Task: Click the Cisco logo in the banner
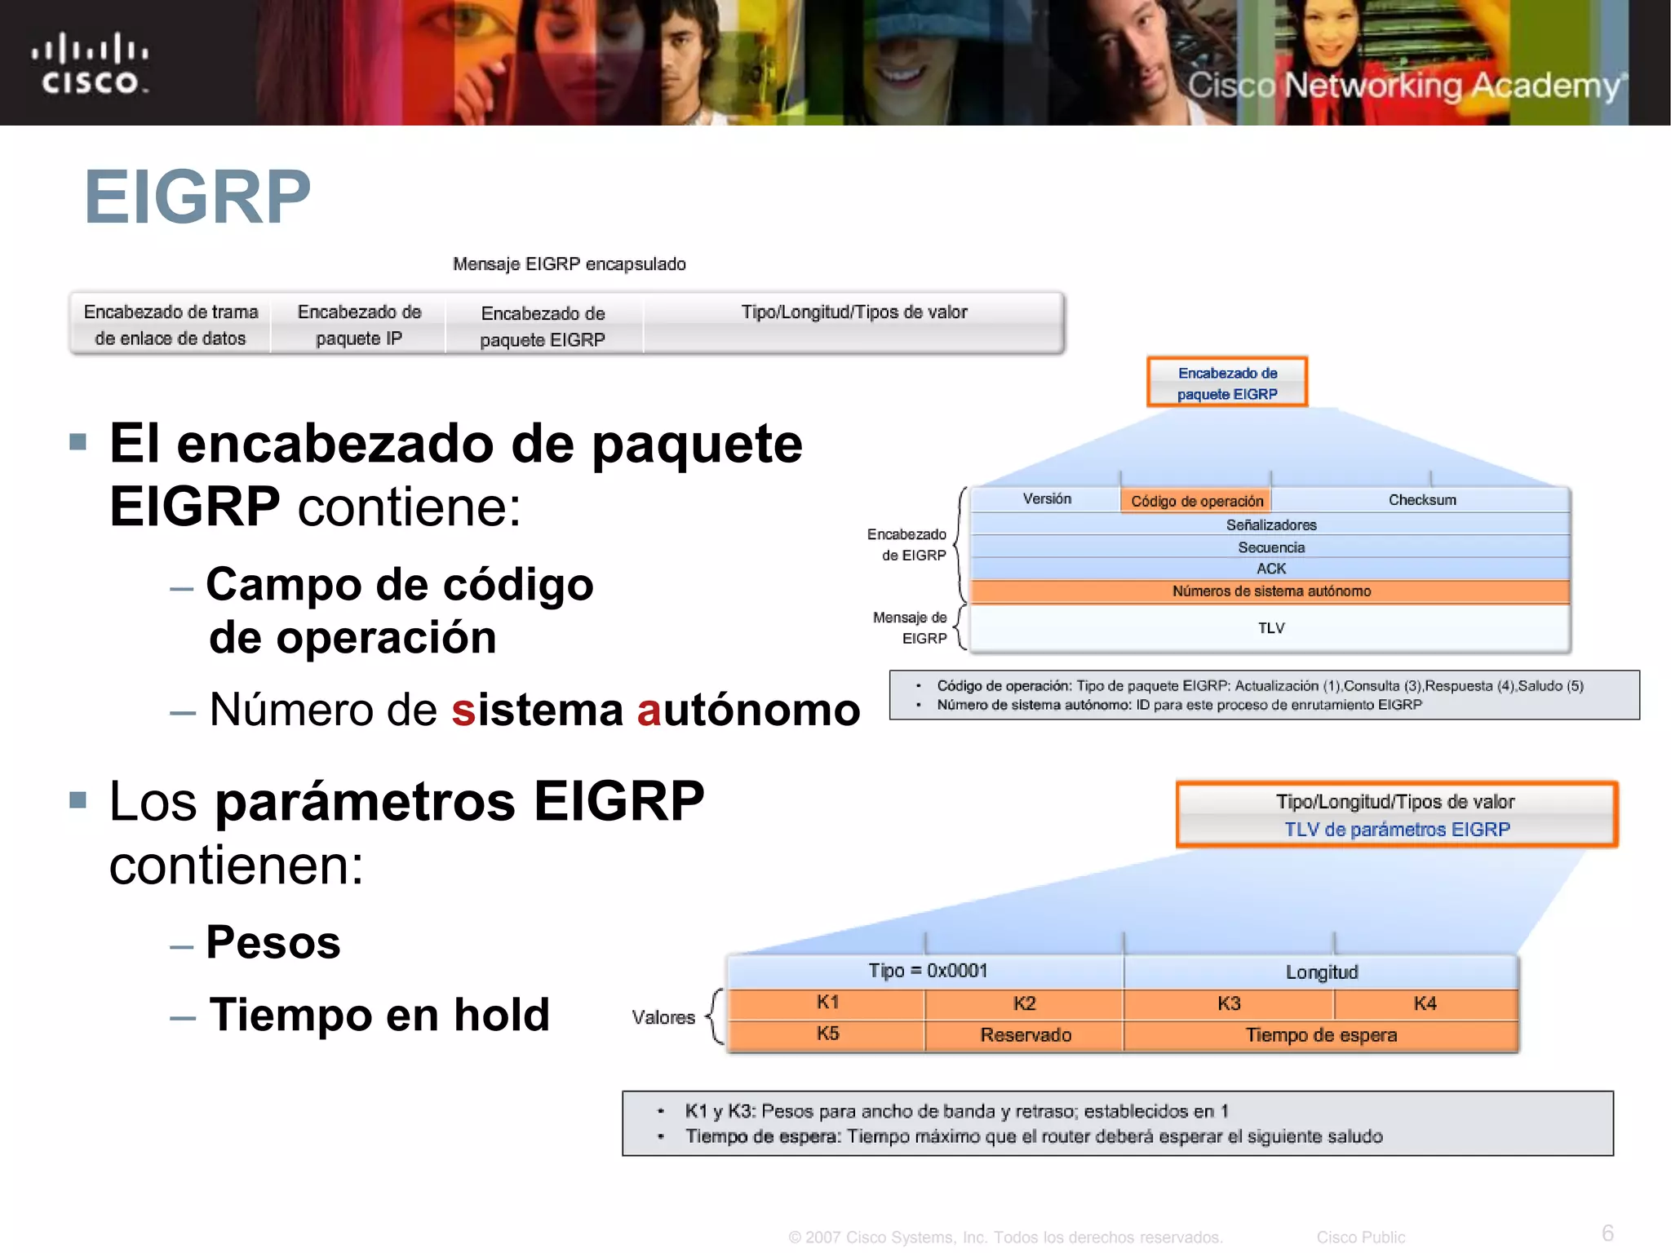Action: click(90, 64)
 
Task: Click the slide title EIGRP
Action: click(197, 197)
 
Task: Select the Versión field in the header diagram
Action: click(1047, 499)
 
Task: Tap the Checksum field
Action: click(1421, 500)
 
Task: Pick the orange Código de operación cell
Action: click(1196, 501)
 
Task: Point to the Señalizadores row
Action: click(1270, 525)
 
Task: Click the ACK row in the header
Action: click(1270, 569)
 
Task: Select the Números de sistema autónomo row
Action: click(1270, 591)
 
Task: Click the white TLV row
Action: click(1270, 628)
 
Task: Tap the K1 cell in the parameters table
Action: click(827, 1003)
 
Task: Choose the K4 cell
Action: click(1425, 1003)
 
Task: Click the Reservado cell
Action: click(1025, 1035)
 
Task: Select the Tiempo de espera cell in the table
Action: click(1320, 1035)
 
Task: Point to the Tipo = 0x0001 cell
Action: click(927, 971)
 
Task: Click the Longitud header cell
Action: click(1321, 972)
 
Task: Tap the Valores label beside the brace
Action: click(663, 1017)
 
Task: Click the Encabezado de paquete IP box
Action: click(359, 325)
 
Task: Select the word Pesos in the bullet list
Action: click(273, 942)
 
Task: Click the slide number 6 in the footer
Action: click(1607, 1233)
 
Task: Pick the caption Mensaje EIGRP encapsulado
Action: click(569, 264)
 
